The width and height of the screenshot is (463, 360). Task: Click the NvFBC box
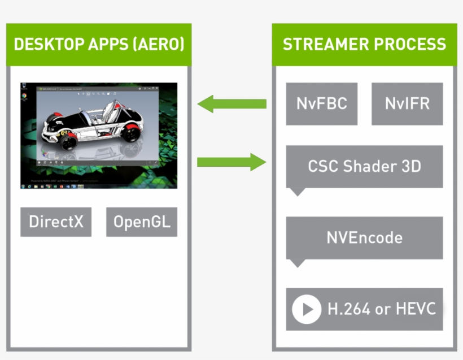tap(321, 104)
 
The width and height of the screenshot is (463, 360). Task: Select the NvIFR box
tap(407, 104)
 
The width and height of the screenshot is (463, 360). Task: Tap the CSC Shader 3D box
tap(364, 167)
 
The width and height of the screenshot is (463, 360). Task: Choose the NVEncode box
tap(364, 237)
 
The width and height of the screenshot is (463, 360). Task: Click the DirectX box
tap(56, 222)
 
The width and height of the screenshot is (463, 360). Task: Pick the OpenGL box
tap(141, 222)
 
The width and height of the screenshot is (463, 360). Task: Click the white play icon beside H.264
tap(307, 310)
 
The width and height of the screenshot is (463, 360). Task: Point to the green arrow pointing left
tap(231, 104)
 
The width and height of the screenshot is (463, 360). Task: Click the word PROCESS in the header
tap(413, 45)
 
